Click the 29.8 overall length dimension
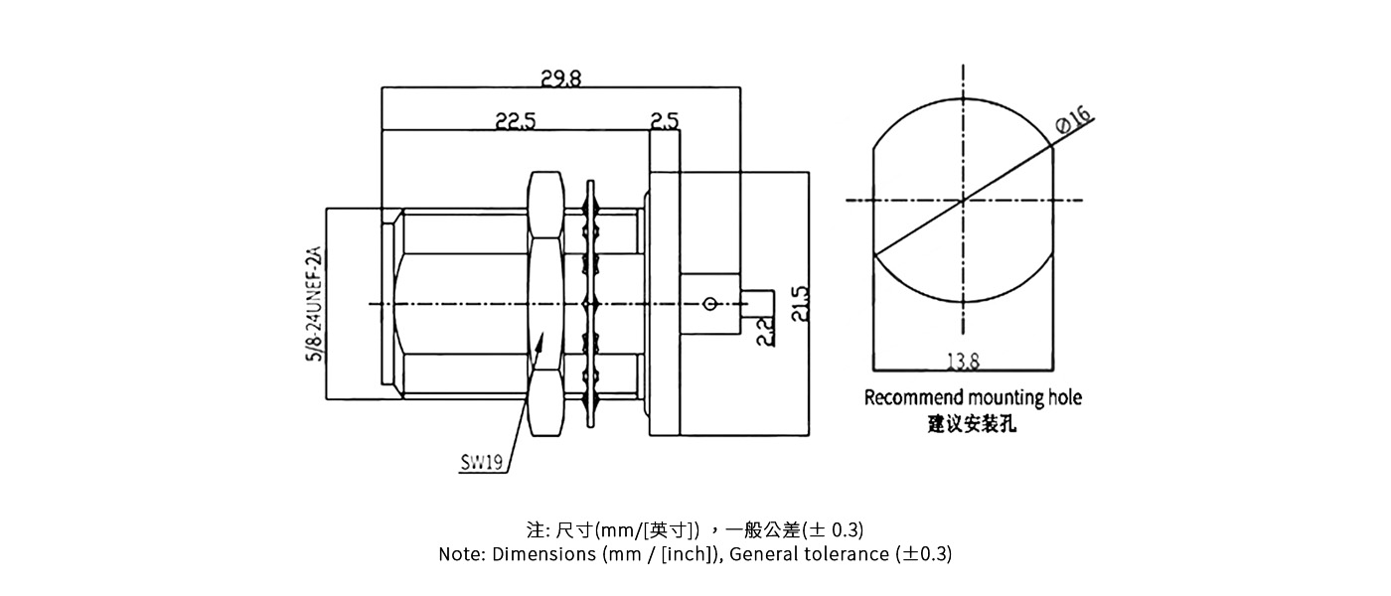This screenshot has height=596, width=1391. click(560, 77)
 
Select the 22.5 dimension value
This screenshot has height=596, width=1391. click(516, 121)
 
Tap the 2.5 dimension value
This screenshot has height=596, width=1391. click(665, 121)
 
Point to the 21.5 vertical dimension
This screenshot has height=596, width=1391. click(800, 304)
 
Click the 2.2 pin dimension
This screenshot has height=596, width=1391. click(765, 331)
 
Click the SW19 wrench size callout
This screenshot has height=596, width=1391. click(482, 463)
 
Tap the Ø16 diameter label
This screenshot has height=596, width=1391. click(1073, 122)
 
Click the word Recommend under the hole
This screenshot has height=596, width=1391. click(907, 398)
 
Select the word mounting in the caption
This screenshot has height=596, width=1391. click(999, 398)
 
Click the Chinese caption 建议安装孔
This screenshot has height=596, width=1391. click(972, 425)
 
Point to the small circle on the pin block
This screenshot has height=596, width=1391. click(708, 303)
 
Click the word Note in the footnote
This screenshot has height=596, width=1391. click(460, 554)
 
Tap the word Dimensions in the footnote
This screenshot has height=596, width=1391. click(542, 554)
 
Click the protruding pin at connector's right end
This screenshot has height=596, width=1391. click(759, 302)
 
